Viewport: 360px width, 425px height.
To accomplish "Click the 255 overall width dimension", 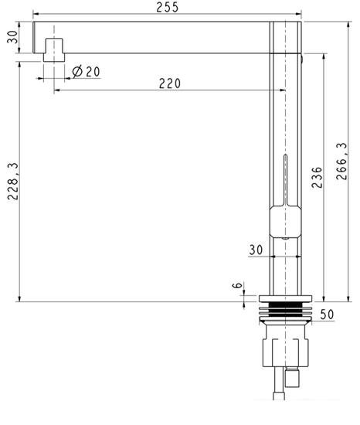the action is (168, 7).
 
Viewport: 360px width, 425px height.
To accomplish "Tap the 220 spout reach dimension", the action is (170, 83).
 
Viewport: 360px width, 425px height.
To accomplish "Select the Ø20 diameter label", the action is (87, 72).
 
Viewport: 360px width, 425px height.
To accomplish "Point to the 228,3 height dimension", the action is (12, 181).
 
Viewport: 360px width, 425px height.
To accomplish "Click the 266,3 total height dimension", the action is (341, 161).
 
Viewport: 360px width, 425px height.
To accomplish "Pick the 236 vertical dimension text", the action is (317, 178).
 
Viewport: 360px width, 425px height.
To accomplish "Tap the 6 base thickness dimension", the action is (237, 285).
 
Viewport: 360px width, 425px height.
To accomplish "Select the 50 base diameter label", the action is (327, 314).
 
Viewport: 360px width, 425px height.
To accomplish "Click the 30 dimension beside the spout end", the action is (12, 37).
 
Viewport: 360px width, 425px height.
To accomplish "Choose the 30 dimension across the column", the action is (256, 250).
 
